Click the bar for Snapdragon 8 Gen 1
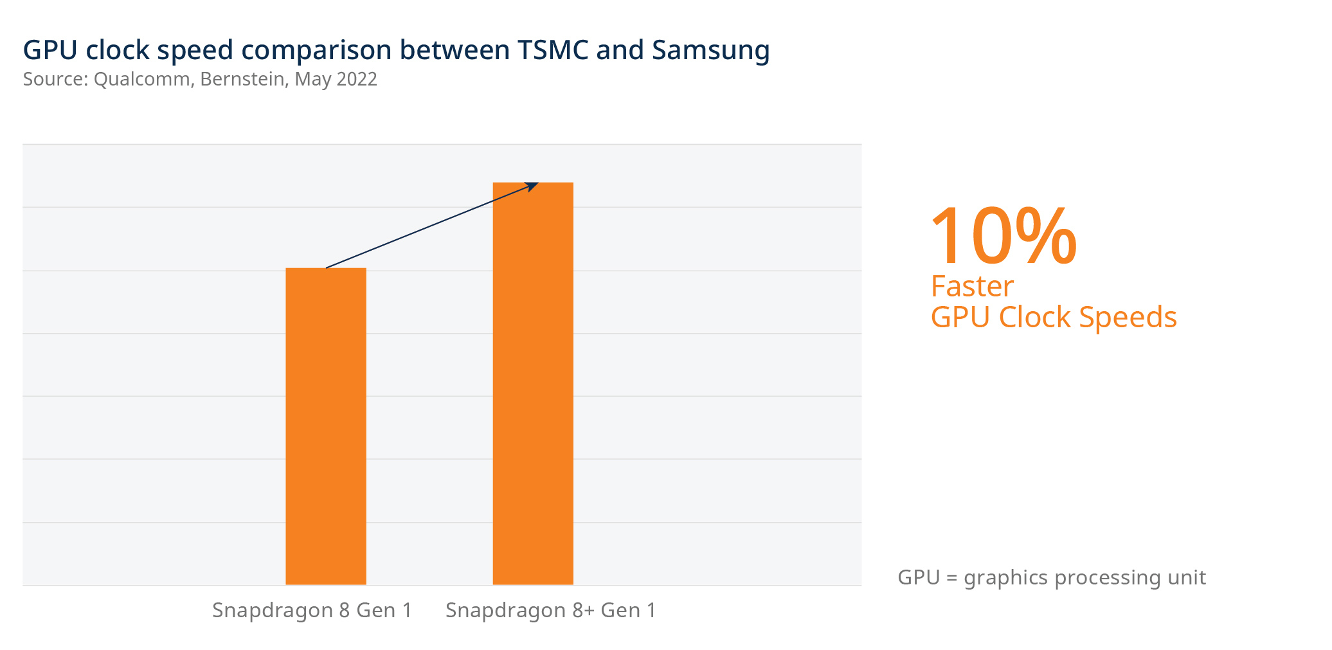325,426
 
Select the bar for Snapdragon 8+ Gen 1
532,383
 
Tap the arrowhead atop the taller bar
533,186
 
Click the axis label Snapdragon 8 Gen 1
312,610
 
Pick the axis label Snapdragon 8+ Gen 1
551,610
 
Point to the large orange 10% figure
1003,237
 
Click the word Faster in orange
972,287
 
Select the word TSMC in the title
552,50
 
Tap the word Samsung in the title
710,50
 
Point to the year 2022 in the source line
357,79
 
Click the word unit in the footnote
1187,577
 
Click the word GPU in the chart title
50,50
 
